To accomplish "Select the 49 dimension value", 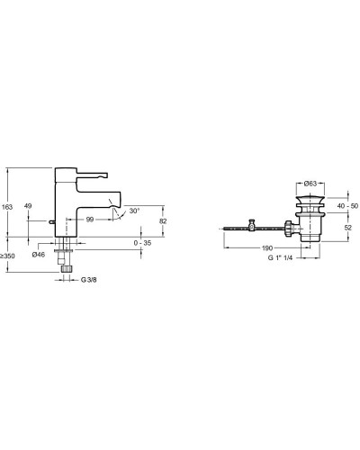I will [28, 206].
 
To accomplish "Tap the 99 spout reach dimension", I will [90, 220].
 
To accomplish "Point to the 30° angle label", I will [134, 211].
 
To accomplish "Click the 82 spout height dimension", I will [163, 220].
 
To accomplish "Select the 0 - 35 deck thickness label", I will [140, 243].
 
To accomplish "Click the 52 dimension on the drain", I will [347, 228].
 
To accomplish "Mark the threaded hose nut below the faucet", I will [67, 267].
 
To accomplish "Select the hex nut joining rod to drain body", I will [286, 230].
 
